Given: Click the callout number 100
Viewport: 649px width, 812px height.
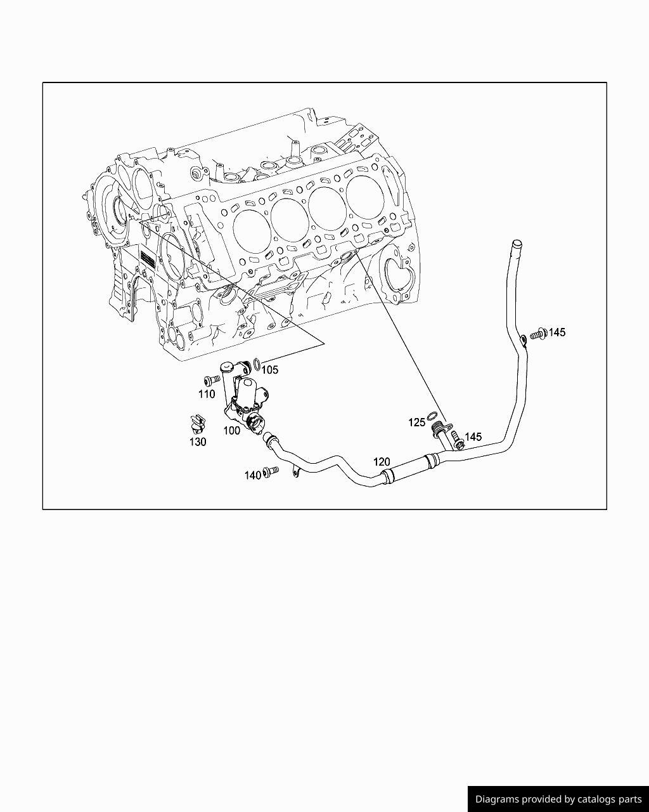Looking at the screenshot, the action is [231, 431].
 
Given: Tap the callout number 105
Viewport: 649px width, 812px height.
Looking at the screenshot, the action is [270, 370].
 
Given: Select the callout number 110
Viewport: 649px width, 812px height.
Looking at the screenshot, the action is [207, 395].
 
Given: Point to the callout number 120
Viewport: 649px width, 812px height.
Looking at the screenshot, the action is [382, 462].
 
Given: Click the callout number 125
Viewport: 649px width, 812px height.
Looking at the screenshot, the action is [416, 422].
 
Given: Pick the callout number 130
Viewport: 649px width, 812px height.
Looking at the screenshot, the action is [198, 442].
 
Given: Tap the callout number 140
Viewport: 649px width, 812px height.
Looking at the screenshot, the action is [253, 475].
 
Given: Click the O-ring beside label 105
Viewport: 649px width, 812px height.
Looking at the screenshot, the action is [257, 363].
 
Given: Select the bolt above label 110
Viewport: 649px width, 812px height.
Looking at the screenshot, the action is [212, 379].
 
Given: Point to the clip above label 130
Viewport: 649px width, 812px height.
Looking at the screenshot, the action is [198, 424].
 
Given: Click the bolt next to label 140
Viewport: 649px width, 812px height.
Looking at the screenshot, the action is [271, 471].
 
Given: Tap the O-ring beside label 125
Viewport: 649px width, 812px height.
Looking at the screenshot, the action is [432, 416].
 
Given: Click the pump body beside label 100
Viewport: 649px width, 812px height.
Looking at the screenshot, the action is [247, 405].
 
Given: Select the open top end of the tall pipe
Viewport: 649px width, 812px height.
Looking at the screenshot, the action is [516, 244].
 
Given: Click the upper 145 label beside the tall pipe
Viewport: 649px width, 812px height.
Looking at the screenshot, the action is [557, 332].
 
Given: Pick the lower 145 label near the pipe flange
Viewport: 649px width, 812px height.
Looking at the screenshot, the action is [473, 437].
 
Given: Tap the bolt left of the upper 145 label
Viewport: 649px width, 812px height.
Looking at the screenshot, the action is [539, 334].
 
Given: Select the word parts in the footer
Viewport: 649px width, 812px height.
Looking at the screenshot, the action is [630, 799].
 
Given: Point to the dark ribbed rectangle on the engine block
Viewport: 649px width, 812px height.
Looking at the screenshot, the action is [148, 259].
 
